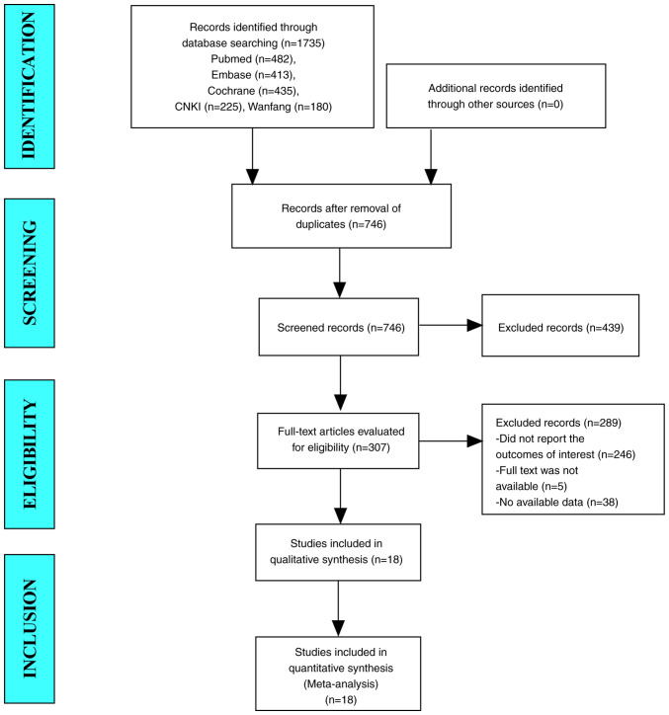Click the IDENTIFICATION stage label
(30, 86)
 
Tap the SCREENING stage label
(30, 273)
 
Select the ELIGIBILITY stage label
(30, 454)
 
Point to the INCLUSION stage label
(30, 629)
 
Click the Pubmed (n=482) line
(253, 59)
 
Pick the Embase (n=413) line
(253, 75)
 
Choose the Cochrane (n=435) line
(253, 91)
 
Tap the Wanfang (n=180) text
(290, 107)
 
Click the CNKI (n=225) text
(209, 107)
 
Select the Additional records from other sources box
(496, 96)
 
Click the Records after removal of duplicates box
(341, 216)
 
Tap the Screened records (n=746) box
(339, 327)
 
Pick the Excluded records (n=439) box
(560, 325)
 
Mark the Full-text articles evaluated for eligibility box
(338, 440)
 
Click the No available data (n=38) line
(556, 502)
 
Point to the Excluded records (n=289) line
(558, 423)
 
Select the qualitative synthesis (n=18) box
(338, 552)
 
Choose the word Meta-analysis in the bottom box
(341, 684)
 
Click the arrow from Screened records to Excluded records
(451, 325)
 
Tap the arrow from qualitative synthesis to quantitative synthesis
(338, 608)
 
